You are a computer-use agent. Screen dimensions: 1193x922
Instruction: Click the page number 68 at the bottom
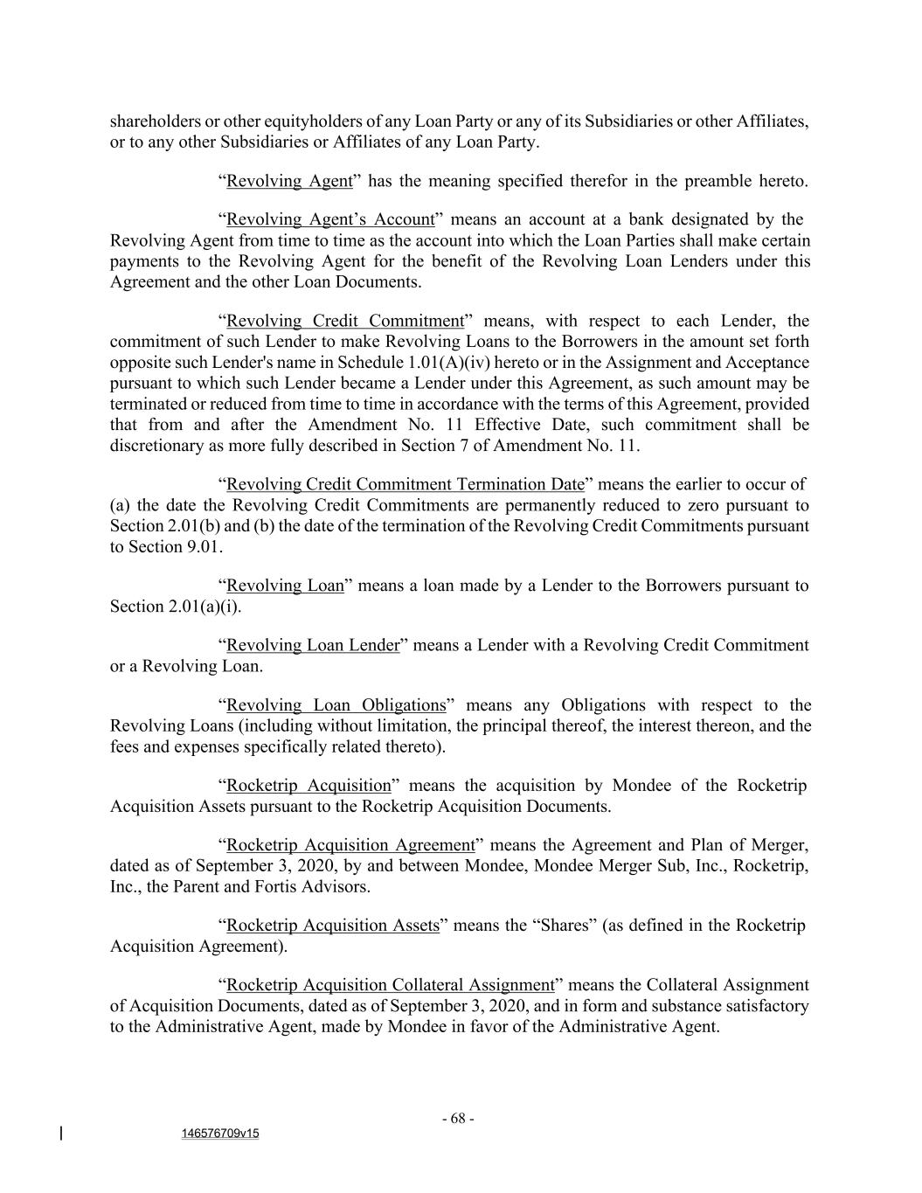[458, 1119]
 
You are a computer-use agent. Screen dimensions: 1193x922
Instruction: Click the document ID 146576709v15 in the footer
[220, 1134]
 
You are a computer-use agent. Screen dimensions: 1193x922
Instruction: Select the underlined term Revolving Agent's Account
[330, 219]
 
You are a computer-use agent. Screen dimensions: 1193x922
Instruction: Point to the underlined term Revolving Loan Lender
[312, 645]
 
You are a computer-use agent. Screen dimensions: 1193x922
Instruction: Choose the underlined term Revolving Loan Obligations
[336, 705]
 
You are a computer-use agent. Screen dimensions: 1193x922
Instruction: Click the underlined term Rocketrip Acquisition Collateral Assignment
[390, 985]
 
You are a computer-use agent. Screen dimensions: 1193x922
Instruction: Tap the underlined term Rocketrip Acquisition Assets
[332, 926]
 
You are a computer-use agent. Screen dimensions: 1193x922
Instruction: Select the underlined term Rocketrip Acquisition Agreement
[350, 845]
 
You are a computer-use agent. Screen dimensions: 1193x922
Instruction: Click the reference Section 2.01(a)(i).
[175, 607]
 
